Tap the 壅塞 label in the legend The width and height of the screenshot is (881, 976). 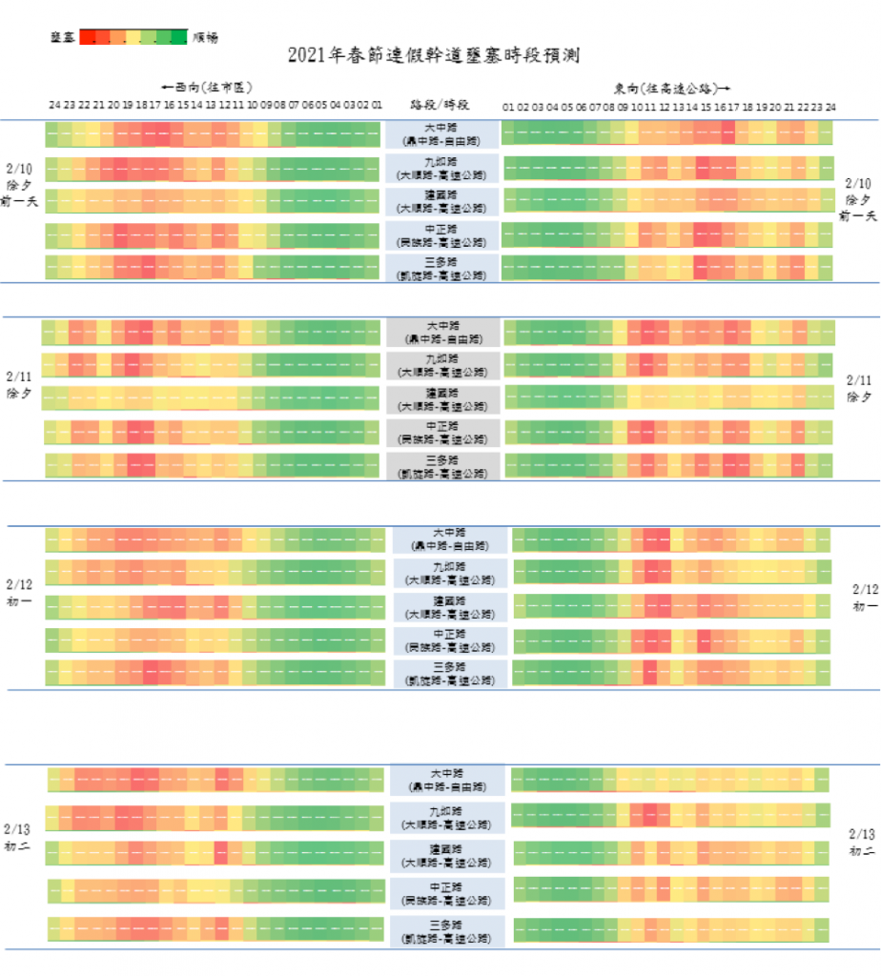(x=63, y=37)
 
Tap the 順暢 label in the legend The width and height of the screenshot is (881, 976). (x=205, y=37)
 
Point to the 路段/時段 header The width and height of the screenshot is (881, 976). (x=440, y=104)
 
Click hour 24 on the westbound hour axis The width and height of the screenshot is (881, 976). (x=54, y=105)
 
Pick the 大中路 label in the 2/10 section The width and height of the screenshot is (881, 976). (x=441, y=134)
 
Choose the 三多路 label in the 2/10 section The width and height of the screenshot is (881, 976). (x=441, y=268)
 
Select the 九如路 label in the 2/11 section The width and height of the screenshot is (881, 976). (x=441, y=364)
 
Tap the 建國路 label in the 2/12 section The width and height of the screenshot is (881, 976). (x=446, y=607)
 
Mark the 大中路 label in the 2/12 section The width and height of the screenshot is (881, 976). (x=446, y=539)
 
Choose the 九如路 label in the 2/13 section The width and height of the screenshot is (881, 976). (x=446, y=817)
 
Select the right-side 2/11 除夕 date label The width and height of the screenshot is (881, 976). (x=860, y=387)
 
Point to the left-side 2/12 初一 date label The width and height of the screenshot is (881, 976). (x=19, y=591)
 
